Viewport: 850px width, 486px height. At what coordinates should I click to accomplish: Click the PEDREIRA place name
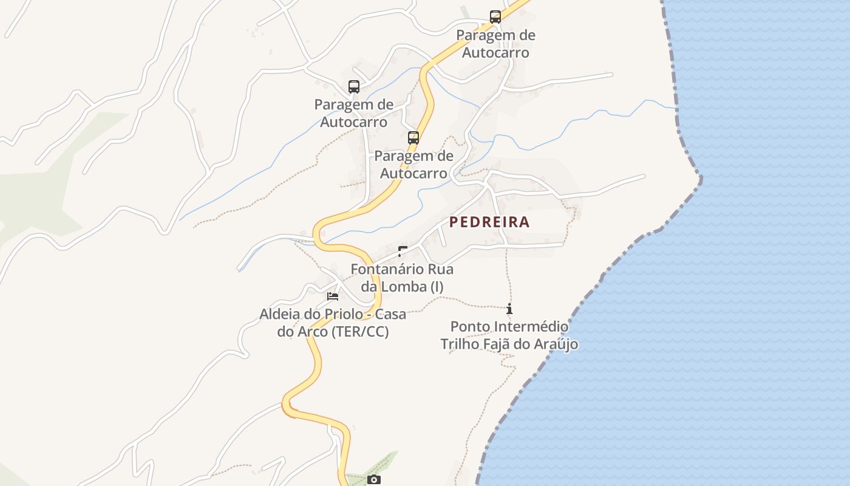click(489, 222)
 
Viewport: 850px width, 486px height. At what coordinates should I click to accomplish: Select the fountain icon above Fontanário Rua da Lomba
click(402, 251)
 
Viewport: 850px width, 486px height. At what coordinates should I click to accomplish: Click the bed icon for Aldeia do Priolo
click(333, 296)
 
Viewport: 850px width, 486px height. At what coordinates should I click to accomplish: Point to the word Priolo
click(339, 315)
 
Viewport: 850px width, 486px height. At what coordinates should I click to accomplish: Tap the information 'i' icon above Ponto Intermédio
click(509, 309)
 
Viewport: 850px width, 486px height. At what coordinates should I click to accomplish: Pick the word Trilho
click(460, 344)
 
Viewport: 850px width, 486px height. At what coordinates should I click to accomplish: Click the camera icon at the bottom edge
click(374, 480)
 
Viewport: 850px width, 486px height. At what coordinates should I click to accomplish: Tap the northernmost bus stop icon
click(495, 17)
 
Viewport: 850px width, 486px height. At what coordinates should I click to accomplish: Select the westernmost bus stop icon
click(354, 87)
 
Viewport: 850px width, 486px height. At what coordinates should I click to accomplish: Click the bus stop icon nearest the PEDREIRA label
click(413, 138)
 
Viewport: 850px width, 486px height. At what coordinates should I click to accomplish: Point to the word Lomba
click(408, 287)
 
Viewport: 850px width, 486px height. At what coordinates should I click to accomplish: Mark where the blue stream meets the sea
click(676, 108)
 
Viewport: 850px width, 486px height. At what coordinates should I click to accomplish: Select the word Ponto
click(471, 327)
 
